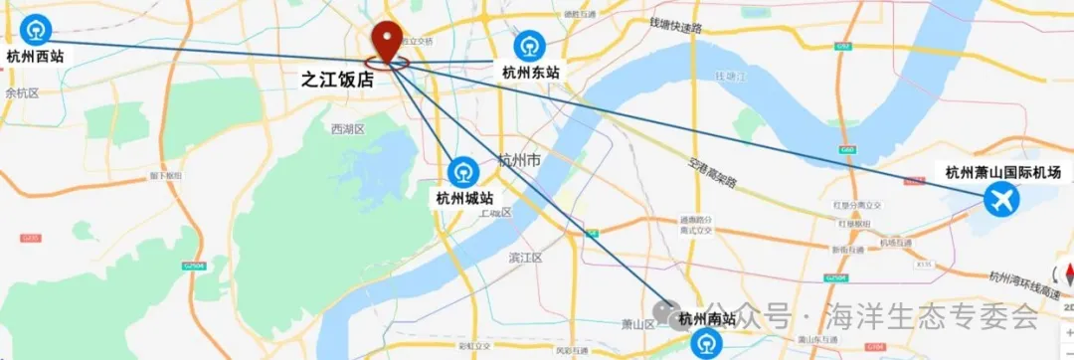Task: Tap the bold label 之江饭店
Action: [x=338, y=81]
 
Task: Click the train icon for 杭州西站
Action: [x=36, y=30]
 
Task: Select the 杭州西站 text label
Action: [x=35, y=57]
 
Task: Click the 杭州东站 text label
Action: [x=530, y=72]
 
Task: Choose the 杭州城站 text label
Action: [x=464, y=198]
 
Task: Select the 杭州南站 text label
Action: [x=707, y=319]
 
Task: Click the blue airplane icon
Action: [x=1000, y=201]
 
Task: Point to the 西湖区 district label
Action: [x=348, y=129]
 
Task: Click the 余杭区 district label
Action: [x=21, y=92]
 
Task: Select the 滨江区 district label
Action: [x=525, y=258]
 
